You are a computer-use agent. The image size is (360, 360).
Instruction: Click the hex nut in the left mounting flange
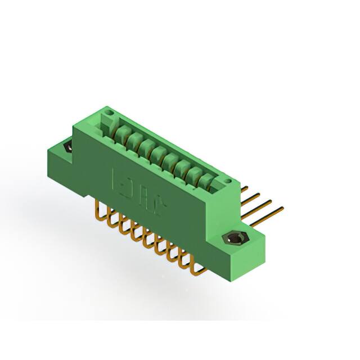tap(68, 147)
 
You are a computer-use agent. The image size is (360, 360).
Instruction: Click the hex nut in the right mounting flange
tap(235, 238)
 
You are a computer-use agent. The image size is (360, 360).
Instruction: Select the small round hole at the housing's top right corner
tap(228, 180)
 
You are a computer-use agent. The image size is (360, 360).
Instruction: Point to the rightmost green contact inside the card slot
tap(208, 182)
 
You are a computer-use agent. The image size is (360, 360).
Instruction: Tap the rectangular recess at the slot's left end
tap(106, 123)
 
